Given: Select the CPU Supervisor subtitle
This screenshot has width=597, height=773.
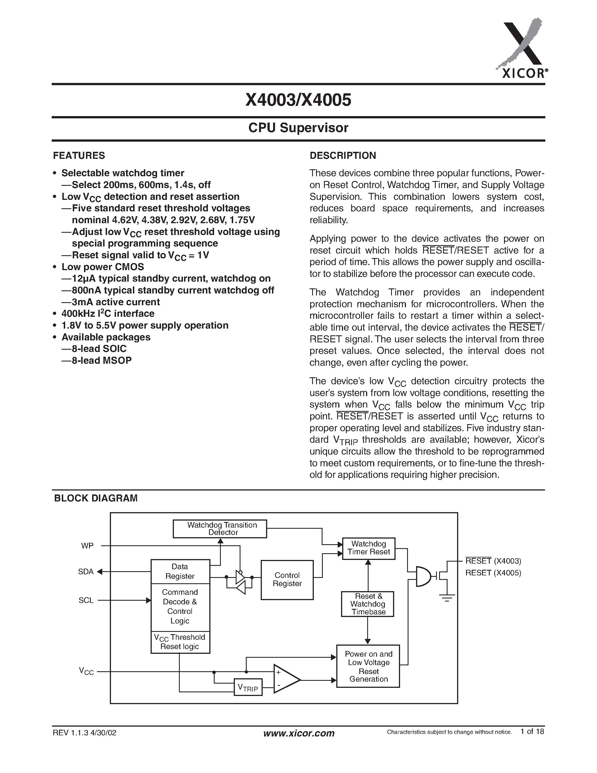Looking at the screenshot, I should pos(298,128).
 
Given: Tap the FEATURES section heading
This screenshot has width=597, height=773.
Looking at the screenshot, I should pos(79,156).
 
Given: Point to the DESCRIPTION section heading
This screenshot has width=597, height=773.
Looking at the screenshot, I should pos(343,156).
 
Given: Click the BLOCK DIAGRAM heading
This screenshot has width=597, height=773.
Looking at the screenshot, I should pos(96,498).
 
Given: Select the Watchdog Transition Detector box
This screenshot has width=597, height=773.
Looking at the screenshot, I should pos(220,529).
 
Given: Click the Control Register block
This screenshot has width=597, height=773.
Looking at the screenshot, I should pos(287,579).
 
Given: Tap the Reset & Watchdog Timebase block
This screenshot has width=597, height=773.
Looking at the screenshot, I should pos(367,604).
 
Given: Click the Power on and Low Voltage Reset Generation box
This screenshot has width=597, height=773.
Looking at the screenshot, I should pos(368,666).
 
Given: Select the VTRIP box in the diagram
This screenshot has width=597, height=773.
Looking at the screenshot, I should pos(248,687).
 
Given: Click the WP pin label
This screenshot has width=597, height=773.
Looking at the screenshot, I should pos(87,546).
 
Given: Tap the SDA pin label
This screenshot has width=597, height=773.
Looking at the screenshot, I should pos(86,572).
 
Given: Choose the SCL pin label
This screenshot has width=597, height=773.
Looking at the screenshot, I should pos(86,600).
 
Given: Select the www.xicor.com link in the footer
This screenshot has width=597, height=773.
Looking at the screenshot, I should pos(299,733).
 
